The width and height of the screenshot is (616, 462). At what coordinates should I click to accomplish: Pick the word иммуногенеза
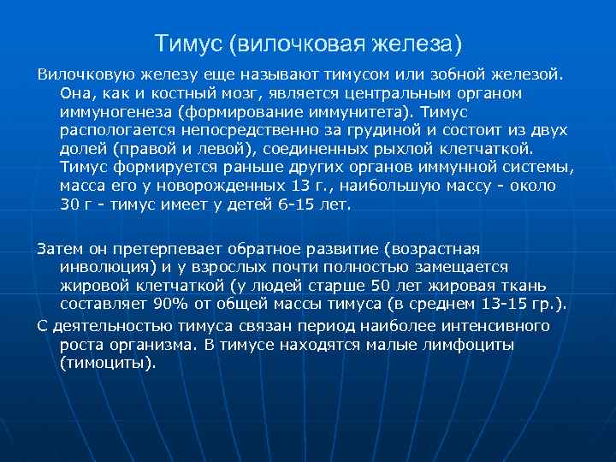pyautogui.click(x=115, y=111)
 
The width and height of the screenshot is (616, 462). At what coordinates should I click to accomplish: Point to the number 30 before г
pyautogui.click(x=70, y=204)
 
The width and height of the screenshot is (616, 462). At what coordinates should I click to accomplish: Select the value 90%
pyautogui.click(x=169, y=305)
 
